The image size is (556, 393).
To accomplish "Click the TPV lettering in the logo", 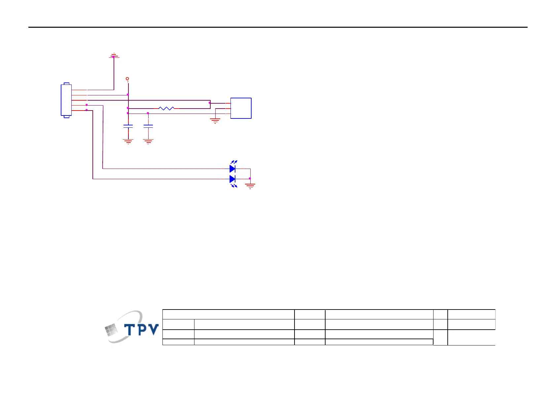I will click(x=141, y=329).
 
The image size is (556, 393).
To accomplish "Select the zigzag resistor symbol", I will click(x=166, y=108).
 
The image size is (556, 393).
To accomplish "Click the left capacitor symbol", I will click(x=128, y=126).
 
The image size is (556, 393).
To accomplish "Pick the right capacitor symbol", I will click(x=148, y=126).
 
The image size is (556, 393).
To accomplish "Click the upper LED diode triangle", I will click(x=232, y=169).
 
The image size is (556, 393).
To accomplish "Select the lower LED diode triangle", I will click(x=232, y=179).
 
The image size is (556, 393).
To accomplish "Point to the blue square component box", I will click(x=241, y=108).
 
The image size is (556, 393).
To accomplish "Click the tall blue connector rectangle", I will click(x=66, y=100).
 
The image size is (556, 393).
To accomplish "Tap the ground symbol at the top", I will click(x=114, y=56).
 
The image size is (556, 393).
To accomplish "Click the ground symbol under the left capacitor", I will click(x=128, y=142).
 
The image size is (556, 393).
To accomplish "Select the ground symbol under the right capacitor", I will click(x=148, y=142).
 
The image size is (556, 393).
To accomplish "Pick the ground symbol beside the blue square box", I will click(x=215, y=121).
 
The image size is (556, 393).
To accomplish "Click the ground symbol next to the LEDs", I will click(x=250, y=186).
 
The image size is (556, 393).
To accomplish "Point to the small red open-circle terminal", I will click(x=127, y=79).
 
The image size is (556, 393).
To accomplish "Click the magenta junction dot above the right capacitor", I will click(x=148, y=113).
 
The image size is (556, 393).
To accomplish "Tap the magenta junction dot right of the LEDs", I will click(x=250, y=179).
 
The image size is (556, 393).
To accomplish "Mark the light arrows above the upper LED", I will click(x=234, y=162).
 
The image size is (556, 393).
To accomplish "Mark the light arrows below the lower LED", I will click(x=234, y=186).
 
